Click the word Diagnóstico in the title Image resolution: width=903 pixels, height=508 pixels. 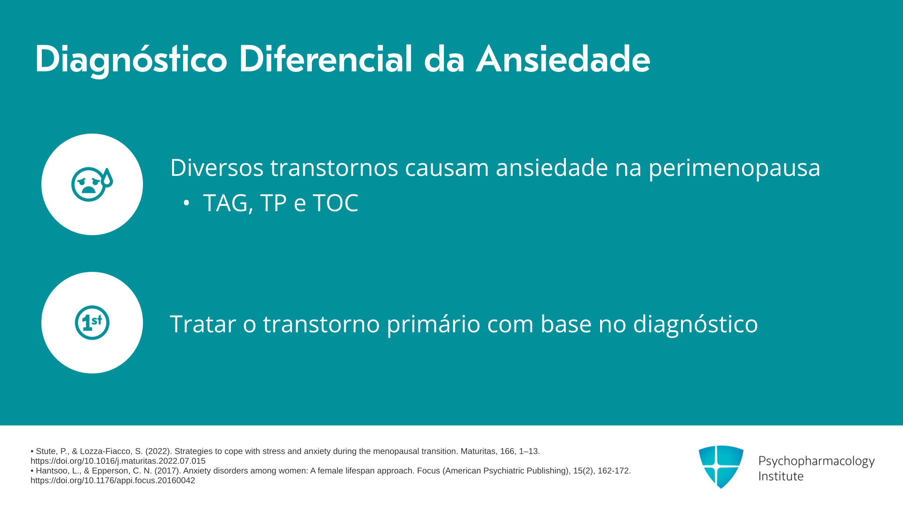[131, 60]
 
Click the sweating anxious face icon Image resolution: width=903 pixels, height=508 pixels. [92, 184]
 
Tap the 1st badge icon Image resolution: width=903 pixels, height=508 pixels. [92, 323]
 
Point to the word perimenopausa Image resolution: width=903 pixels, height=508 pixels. [735, 168]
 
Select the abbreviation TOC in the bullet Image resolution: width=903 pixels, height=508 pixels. [335, 203]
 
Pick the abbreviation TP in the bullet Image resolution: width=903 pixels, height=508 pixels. [273, 203]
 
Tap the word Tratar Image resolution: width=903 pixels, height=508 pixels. [203, 324]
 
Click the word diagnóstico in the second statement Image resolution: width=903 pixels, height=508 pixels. [696, 325]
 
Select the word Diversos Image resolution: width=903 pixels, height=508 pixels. [217, 167]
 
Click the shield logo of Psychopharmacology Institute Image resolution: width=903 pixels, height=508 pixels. [721, 467]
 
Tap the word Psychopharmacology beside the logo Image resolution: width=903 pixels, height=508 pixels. [816, 461]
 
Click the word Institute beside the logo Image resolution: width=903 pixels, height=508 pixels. [781, 476]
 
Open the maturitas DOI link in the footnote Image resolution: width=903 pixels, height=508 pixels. [118, 461]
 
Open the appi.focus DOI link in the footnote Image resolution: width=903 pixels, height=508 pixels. [113, 480]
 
